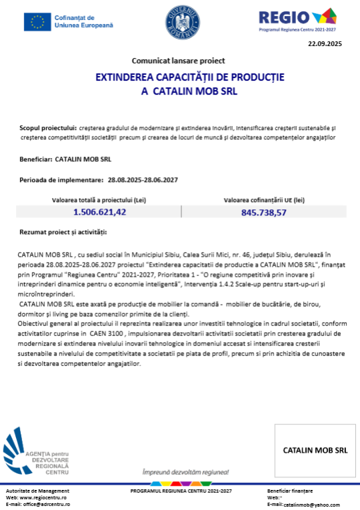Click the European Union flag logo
click(x=37, y=23)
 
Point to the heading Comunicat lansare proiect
click(x=179, y=60)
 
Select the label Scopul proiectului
click(x=48, y=127)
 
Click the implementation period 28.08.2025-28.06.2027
click(x=143, y=180)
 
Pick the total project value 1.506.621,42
click(x=99, y=212)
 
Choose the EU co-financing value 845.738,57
click(x=264, y=213)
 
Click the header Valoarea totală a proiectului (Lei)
click(x=99, y=199)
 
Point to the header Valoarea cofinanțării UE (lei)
click(x=264, y=199)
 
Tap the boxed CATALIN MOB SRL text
click(x=315, y=450)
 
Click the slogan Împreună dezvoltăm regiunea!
click(x=179, y=471)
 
